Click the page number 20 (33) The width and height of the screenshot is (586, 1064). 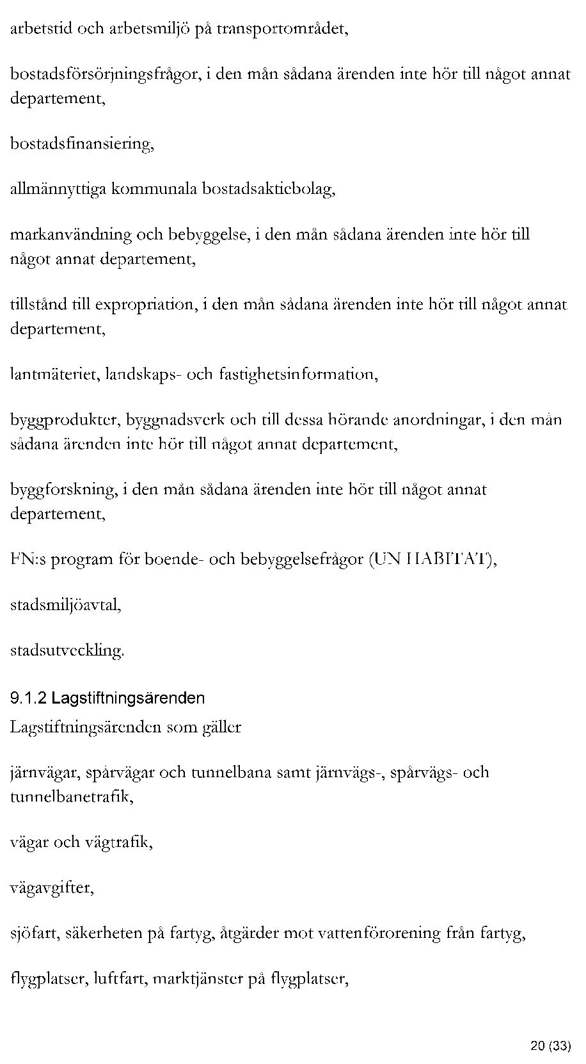pos(550,1046)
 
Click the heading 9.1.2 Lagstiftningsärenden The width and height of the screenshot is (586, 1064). pos(107,698)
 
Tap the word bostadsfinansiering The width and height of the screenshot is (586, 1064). pos(81,143)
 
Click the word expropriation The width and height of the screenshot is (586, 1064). pos(144,304)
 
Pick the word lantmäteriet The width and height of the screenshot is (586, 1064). pos(54,374)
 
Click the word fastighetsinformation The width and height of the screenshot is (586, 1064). pos(297,374)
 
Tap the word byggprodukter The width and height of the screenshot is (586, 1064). pos(65,420)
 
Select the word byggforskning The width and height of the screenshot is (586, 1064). pos(63,490)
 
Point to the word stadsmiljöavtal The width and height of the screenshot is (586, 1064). pos(65,604)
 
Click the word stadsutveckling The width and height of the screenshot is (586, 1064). pos(67,650)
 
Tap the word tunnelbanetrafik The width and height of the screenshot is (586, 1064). pos(71,797)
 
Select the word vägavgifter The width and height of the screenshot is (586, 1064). pos(52,888)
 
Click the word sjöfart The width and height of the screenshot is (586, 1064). pos(35,933)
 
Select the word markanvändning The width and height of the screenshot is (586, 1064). pos(70,234)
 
